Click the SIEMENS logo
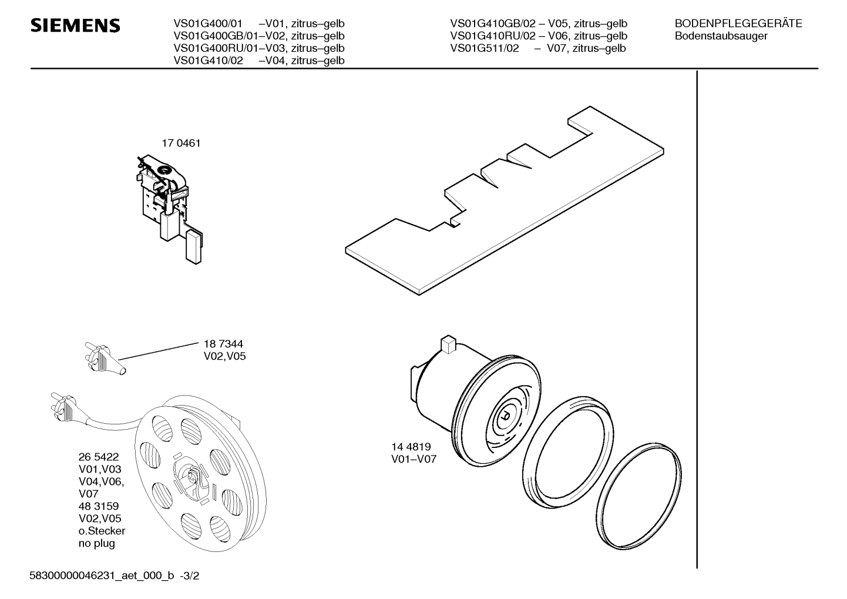point(75,26)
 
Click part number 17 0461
point(181,143)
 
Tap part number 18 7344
point(223,344)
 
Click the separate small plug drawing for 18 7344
point(105,359)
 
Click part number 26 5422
point(99,457)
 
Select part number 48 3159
point(99,506)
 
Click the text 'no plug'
point(97,543)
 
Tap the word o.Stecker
point(102,531)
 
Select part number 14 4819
point(411,447)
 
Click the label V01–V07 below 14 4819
point(414,459)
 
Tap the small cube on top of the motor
point(448,344)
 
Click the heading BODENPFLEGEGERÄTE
point(738,24)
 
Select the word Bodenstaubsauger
point(721,36)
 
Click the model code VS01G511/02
point(485,48)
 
